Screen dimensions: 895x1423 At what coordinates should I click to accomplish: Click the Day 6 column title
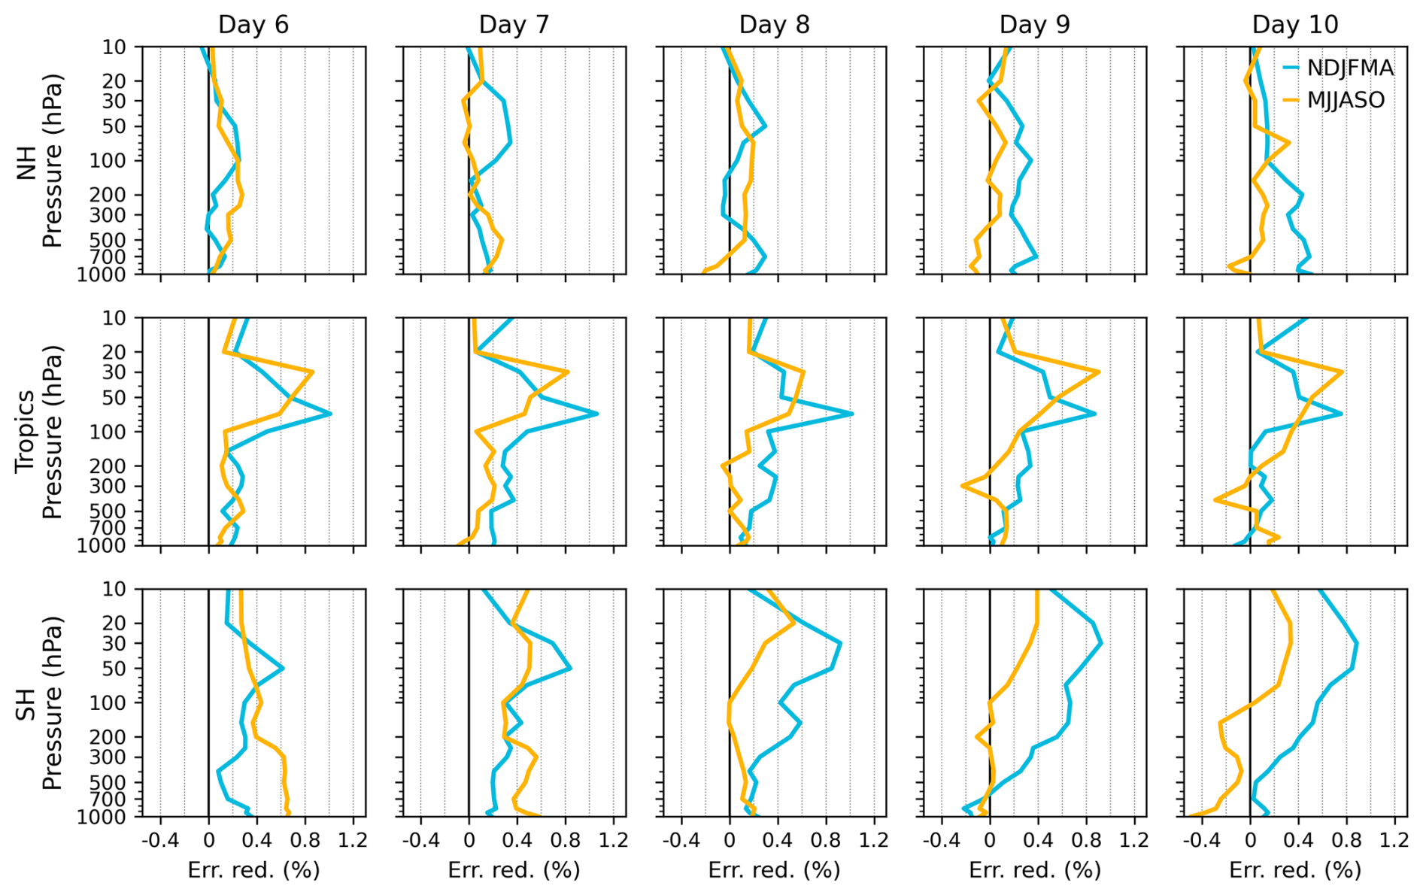tap(253, 25)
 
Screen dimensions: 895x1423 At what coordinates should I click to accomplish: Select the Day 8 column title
tap(774, 25)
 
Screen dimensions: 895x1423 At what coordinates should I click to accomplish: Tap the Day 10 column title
tap(1294, 25)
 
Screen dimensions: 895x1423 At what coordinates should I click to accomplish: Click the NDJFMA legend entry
tap(1349, 68)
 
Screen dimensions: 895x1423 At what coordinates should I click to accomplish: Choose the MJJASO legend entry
tap(1346, 100)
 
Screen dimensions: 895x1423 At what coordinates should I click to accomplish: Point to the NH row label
tap(28, 160)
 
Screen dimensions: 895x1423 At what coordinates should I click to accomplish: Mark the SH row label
tap(28, 702)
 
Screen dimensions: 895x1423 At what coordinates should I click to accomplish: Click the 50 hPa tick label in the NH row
tap(114, 127)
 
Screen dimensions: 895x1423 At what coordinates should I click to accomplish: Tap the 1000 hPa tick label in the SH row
tap(102, 817)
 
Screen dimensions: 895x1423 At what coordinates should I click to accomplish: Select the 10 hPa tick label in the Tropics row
tap(114, 318)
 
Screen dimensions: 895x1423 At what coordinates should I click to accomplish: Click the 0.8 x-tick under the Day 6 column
tap(305, 839)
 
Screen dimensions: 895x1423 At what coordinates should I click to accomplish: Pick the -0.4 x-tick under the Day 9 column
tap(941, 839)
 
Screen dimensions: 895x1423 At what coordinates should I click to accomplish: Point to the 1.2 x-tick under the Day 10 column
tap(1394, 839)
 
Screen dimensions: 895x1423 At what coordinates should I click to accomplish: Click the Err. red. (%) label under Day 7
tap(514, 870)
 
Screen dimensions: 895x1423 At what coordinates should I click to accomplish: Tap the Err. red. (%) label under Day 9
tap(1034, 870)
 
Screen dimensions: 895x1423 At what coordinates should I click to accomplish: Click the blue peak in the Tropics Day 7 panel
tap(597, 414)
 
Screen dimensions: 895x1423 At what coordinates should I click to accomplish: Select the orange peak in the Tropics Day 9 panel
tap(1099, 372)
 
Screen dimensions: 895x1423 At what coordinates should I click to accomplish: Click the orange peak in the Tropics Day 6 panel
tap(312, 372)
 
